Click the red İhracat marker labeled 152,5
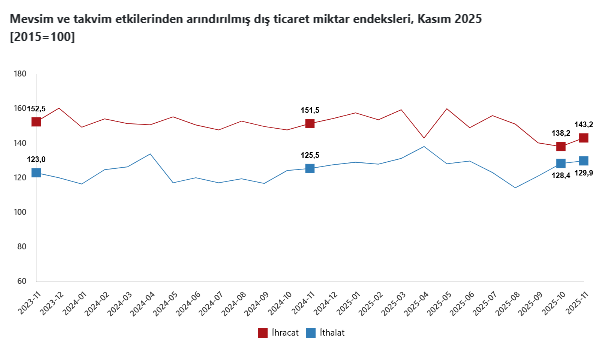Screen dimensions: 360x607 pyautogui.click(x=36, y=121)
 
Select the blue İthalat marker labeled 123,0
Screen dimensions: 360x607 pyautogui.click(x=36, y=172)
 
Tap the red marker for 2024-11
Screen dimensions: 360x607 pyautogui.click(x=310, y=123)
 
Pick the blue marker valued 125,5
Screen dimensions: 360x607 pyautogui.click(x=310, y=168)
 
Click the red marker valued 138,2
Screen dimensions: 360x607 pyautogui.click(x=561, y=146)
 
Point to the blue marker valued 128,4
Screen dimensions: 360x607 pyautogui.click(x=561, y=163)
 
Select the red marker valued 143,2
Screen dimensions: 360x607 pyautogui.click(x=584, y=138)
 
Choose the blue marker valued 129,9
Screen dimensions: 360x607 pyautogui.click(x=584, y=160)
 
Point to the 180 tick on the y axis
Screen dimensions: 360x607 pyautogui.click(x=19, y=74)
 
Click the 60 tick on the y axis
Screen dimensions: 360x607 pyautogui.click(x=21, y=281)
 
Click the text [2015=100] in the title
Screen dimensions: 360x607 pyautogui.click(x=41, y=37)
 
